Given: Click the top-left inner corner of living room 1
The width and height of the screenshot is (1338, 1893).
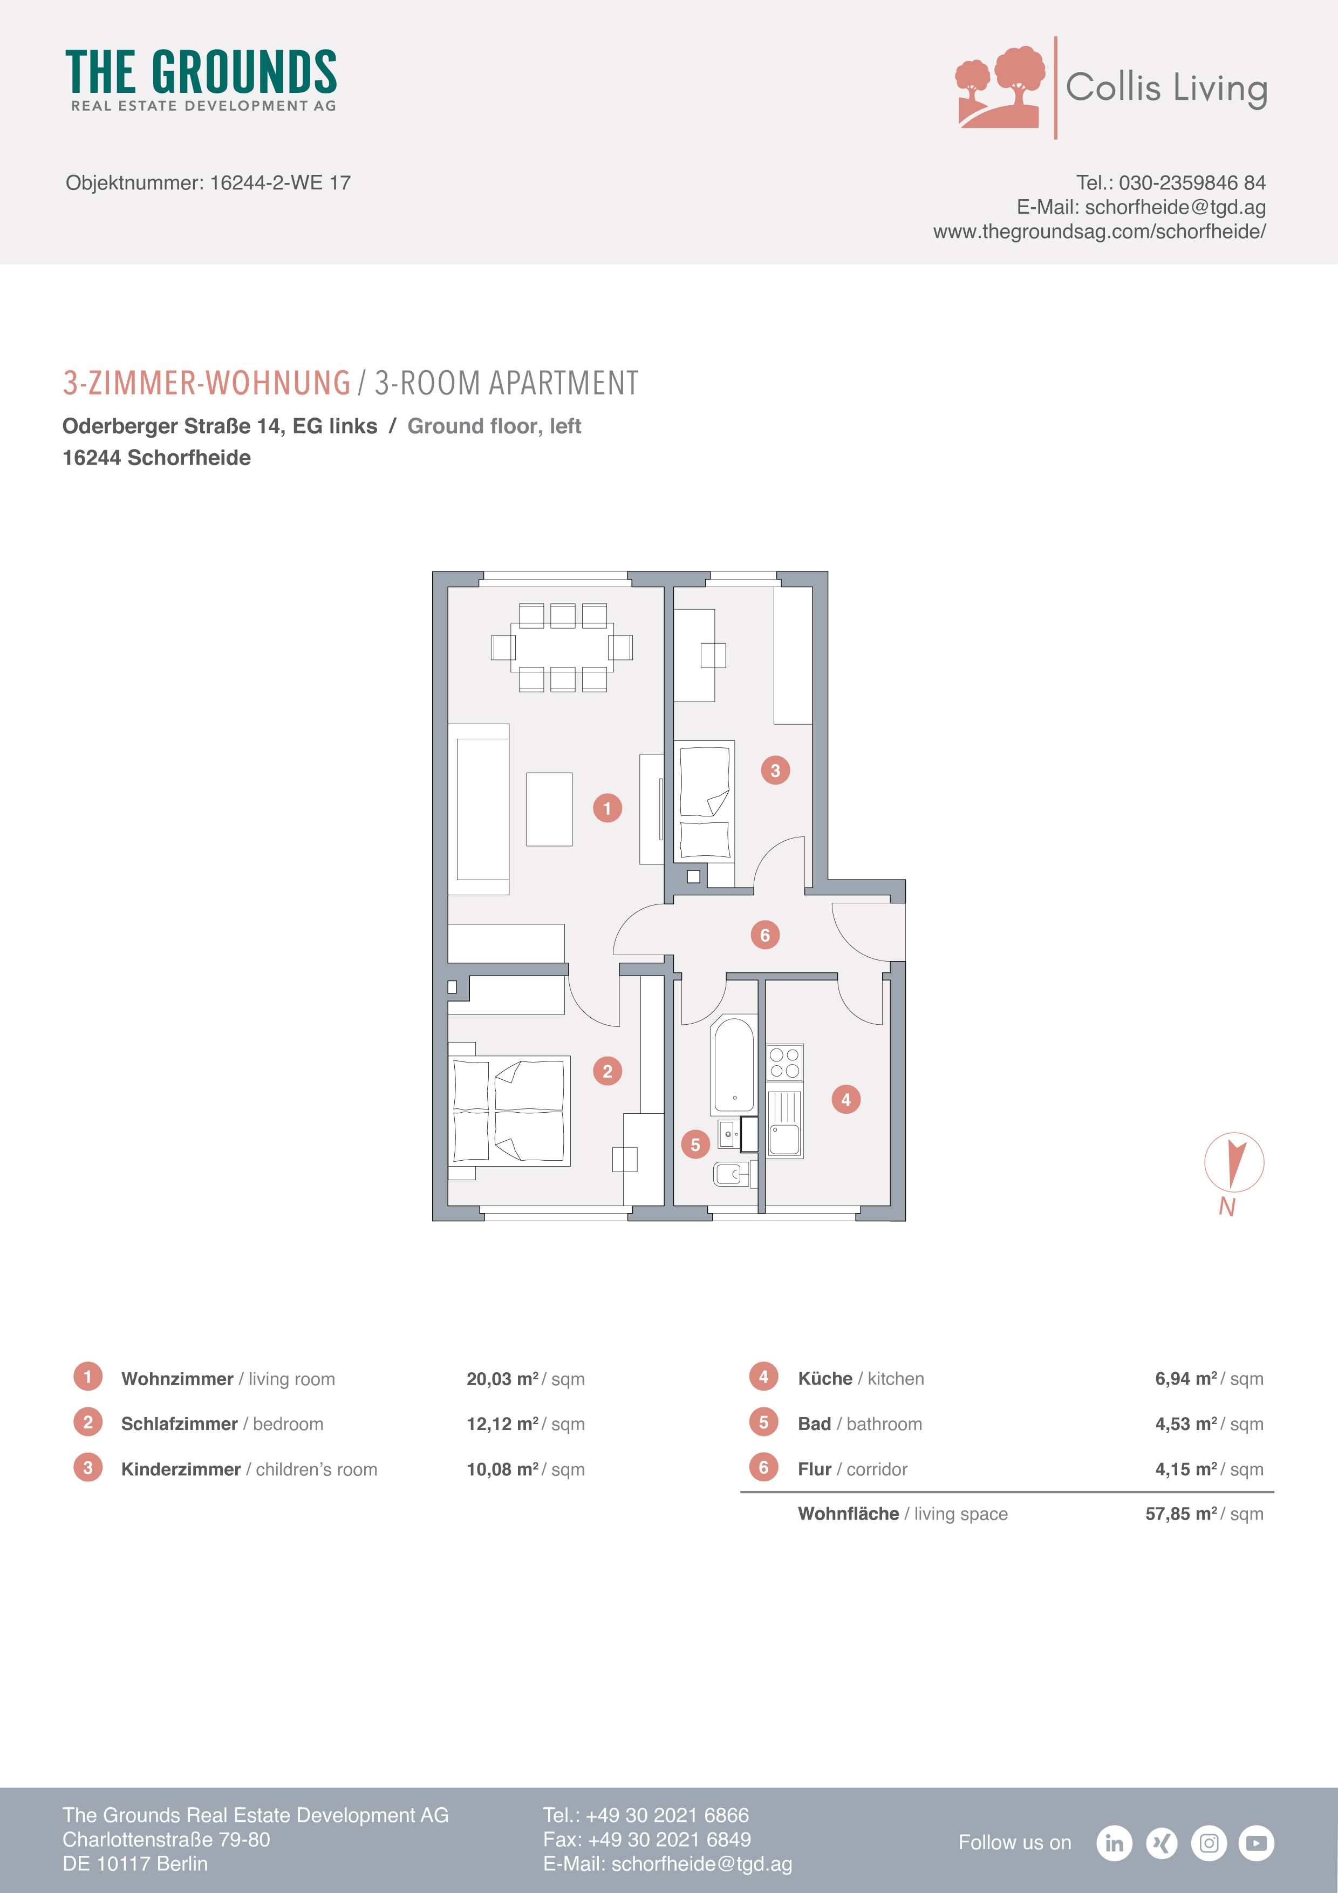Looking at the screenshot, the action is click(x=448, y=587).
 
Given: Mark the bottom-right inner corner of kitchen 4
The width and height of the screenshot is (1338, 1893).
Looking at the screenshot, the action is click(x=890, y=1206).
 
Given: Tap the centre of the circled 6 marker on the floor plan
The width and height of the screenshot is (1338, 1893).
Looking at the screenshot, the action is click(x=765, y=935).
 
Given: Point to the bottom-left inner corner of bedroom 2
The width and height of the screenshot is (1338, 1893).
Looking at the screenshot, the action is click(x=448, y=1206).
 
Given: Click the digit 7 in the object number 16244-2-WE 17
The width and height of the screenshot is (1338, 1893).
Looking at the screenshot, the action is click(x=345, y=182).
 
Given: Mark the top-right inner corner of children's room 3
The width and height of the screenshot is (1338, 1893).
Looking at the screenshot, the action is click(x=813, y=587).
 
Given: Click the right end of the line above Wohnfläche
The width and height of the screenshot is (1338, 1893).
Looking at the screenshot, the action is click(x=1274, y=1492).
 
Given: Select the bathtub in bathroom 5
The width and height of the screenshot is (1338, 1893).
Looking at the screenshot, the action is click(x=734, y=1064).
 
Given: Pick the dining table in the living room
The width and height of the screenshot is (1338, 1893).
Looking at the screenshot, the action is click(x=562, y=647).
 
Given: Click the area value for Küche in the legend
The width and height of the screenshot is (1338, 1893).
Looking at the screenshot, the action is click(x=1209, y=1379).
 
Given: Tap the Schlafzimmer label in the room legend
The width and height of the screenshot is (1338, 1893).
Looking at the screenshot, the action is click(x=179, y=1424).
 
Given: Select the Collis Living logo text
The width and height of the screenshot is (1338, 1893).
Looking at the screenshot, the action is click(x=1166, y=88).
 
